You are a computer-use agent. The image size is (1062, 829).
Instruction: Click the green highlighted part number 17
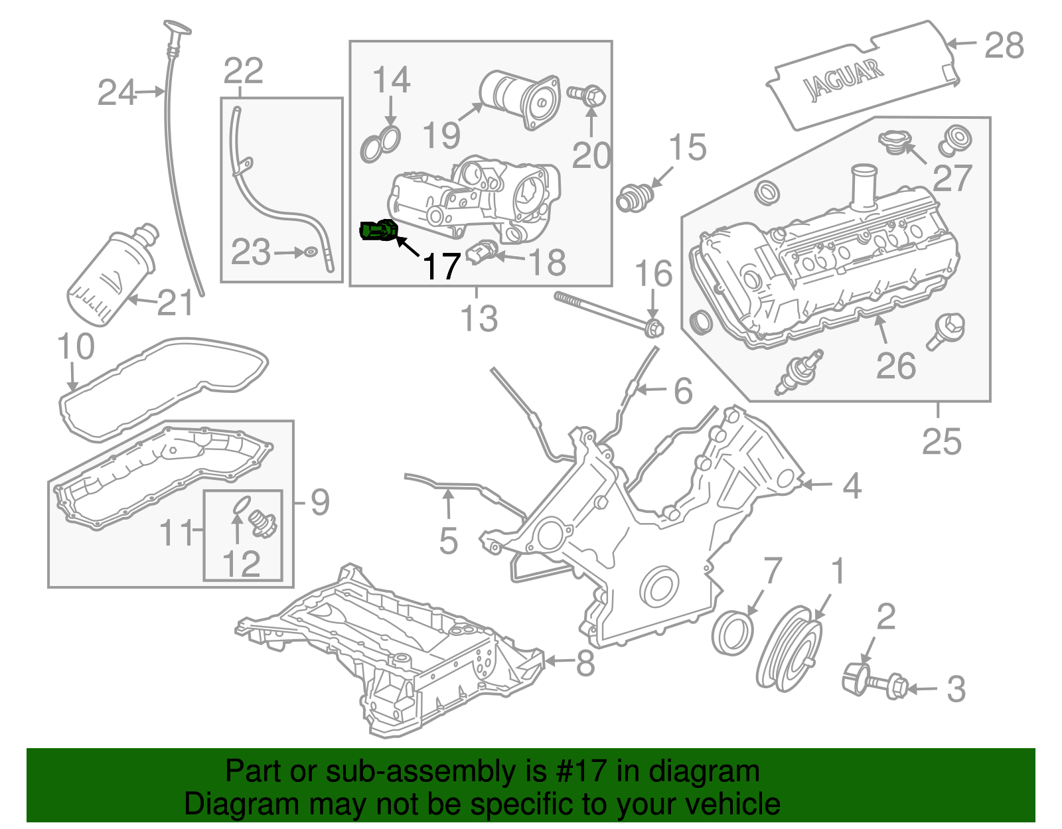pyautogui.click(x=378, y=231)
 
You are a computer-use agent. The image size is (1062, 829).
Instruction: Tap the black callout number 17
pyautogui.click(x=441, y=267)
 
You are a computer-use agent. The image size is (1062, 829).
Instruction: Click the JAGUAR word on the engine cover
pyautogui.click(x=843, y=79)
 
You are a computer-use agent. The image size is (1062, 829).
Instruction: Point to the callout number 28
pyautogui.click(x=1004, y=46)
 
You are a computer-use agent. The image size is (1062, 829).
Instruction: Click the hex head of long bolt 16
pyautogui.click(x=654, y=328)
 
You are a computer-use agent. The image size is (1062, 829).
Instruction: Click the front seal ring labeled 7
pyautogui.click(x=733, y=634)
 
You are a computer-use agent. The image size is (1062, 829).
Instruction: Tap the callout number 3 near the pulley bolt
pyautogui.click(x=955, y=689)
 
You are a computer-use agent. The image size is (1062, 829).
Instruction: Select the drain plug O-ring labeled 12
pyautogui.click(x=242, y=505)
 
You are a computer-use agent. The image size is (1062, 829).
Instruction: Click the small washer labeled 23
pyautogui.click(x=311, y=252)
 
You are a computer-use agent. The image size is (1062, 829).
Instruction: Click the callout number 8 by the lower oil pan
pyautogui.click(x=585, y=662)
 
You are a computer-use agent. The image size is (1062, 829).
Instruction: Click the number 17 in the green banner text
pyautogui.click(x=591, y=771)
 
